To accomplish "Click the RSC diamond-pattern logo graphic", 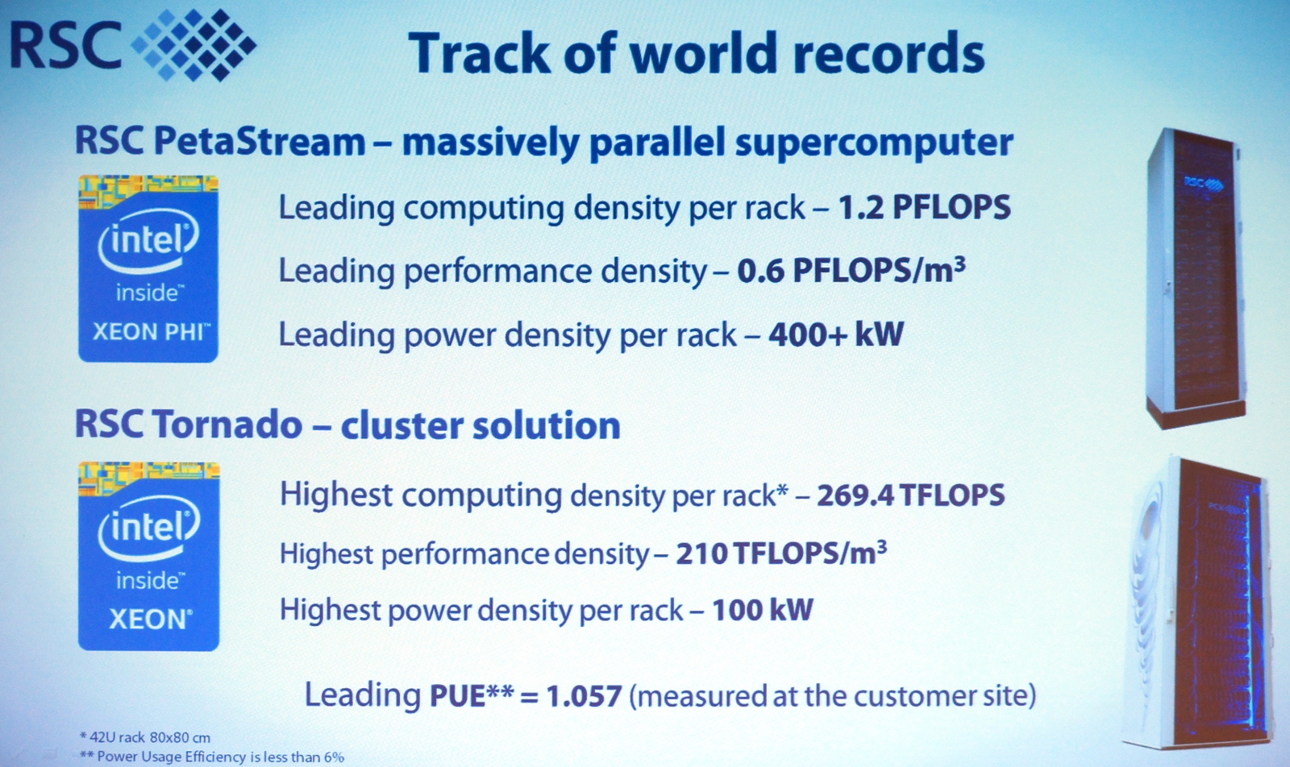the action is click(x=194, y=45).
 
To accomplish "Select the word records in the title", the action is click(x=888, y=53).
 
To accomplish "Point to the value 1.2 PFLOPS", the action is click(x=924, y=207).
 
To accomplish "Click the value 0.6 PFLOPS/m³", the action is click(x=851, y=270).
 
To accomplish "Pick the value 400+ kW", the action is click(x=836, y=334).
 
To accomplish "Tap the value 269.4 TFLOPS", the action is click(x=911, y=495).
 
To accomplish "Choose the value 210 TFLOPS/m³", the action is click(x=781, y=553).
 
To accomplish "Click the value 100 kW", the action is click(x=763, y=610).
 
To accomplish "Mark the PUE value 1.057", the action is click(x=584, y=695).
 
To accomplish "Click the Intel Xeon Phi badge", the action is click(x=148, y=269).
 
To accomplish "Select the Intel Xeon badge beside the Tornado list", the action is click(x=148, y=556).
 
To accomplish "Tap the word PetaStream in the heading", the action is click(x=260, y=141).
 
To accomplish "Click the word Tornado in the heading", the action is click(x=227, y=425).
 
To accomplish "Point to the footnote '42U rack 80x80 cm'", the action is click(x=145, y=737).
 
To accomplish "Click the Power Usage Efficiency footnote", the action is click(x=212, y=757).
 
